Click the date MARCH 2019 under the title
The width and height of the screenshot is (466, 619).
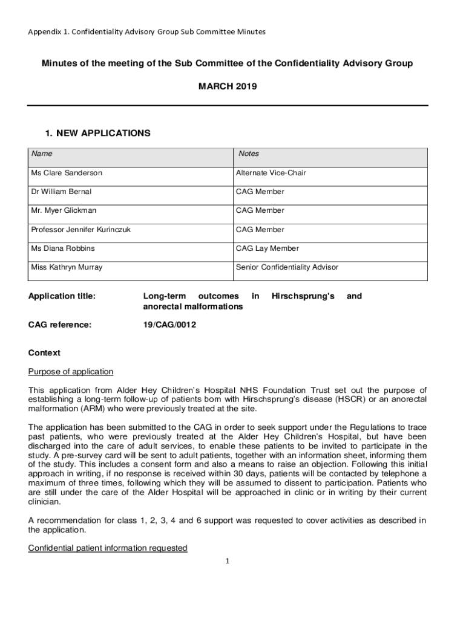tap(228, 86)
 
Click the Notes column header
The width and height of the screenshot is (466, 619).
tap(249, 154)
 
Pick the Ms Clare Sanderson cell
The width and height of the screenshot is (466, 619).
tap(67, 173)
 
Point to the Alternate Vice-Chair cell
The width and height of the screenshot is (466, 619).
tap(271, 173)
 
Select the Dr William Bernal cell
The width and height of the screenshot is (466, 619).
tap(61, 192)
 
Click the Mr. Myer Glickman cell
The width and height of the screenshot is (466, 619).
tap(64, 210)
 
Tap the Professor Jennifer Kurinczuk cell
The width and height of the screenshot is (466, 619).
tap(80, 230)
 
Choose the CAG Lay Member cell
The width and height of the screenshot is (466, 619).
tap(267, 248)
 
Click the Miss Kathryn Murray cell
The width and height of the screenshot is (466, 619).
tap(67, 267)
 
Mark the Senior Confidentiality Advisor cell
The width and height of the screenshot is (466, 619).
tap(287, 267)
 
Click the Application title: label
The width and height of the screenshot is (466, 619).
tap(62, 296)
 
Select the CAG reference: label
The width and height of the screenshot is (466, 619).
tap(60, 325)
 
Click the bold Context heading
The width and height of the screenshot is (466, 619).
tap(44, 353)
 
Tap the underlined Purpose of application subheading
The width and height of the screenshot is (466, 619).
tap(71, 371)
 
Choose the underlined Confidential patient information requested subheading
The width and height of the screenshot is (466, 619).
tap(108, 548)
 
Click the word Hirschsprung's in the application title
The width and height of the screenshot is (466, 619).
tap(303, 296)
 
